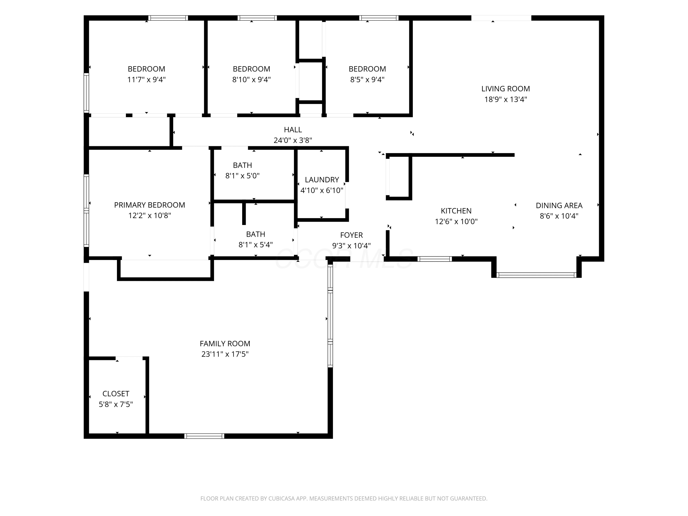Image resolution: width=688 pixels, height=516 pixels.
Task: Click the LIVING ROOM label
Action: tap(505, 89)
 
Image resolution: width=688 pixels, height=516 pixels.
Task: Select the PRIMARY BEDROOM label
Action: tap(150, 205)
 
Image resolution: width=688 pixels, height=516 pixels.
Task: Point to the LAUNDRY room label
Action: tap(322, 180)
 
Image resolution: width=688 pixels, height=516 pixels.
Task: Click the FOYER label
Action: tap(352, 235)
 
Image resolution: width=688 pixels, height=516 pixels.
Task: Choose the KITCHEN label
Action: tap(456, 211)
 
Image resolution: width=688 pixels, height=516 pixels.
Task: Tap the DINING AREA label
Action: tap(559, 205)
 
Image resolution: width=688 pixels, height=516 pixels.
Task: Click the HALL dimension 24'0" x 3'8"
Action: tap(293, 141)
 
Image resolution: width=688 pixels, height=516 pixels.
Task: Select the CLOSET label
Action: tap(116, 394)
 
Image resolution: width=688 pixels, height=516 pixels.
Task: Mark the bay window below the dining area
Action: tap(536, 275)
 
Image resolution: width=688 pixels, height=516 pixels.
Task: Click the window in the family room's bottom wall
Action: tap(204, 436)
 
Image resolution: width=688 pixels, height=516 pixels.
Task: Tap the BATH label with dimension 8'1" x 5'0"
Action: tap(242, 165)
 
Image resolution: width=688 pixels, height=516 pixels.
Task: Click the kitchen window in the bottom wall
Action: tap(435, 259)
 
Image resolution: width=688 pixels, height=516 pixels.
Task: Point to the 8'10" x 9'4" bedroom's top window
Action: tap(257, 18)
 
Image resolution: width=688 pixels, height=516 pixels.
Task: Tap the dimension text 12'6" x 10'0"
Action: tap(456, 222)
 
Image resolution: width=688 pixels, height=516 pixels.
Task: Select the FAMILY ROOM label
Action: tap(225, 344)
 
